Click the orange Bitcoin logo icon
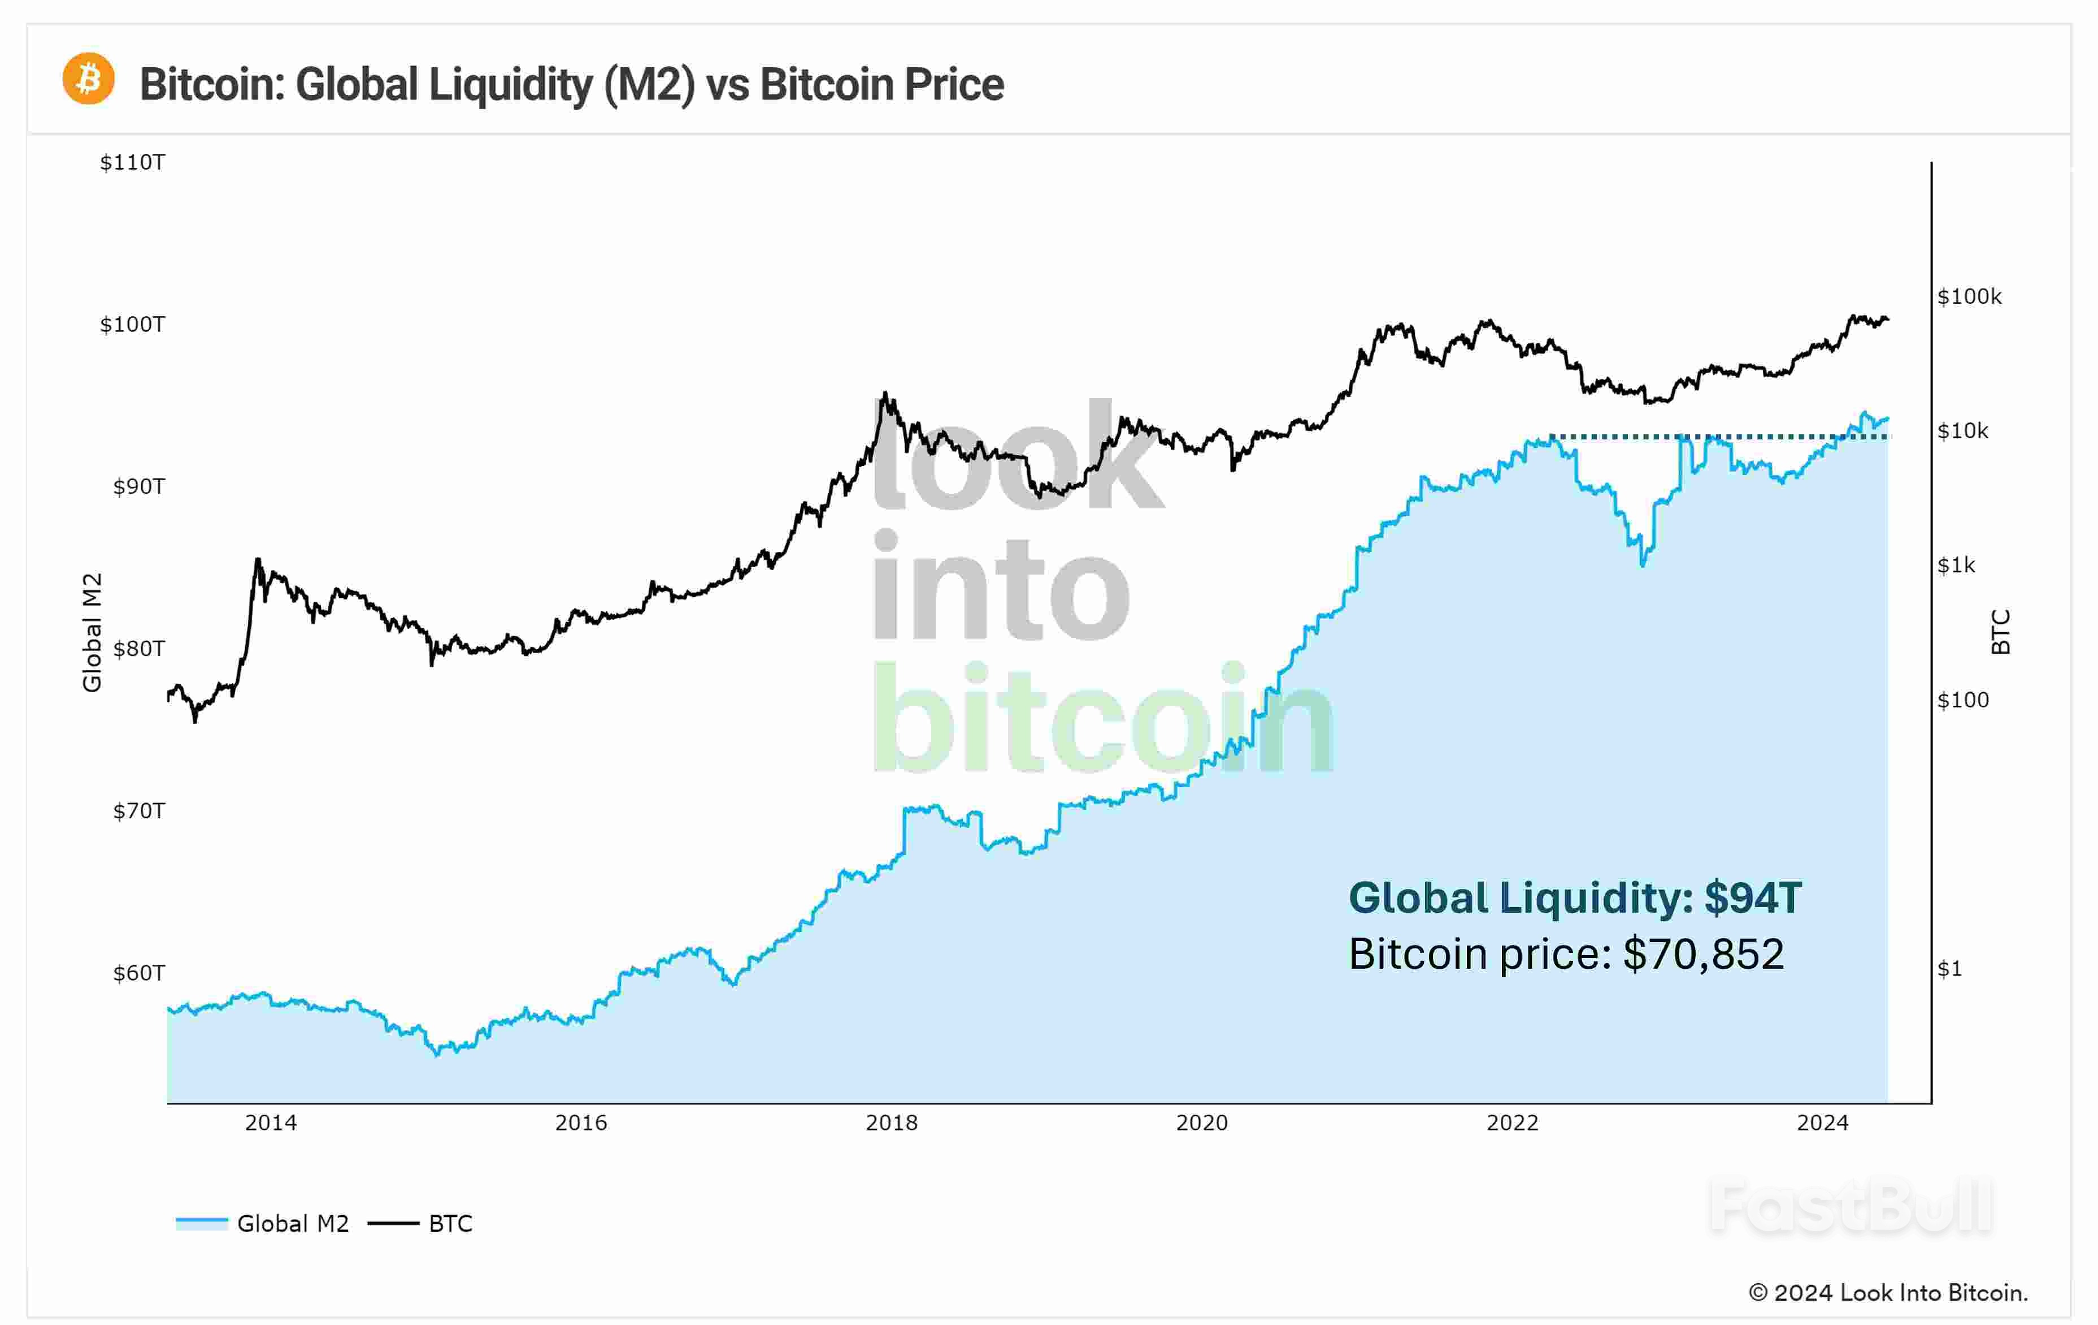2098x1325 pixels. [88, 79]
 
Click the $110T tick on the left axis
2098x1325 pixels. [132, 162]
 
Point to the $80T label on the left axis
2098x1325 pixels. [138, 649]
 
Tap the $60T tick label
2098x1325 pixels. [138, 973]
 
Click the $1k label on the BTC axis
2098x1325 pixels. [1956, 566]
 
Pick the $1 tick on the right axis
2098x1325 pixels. [1949, 969]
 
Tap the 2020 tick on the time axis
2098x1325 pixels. [1201, 1123]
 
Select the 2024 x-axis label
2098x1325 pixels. [1822, 1123]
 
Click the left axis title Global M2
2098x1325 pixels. [92, 632]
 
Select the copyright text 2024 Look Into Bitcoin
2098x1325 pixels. [1887, 1293]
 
